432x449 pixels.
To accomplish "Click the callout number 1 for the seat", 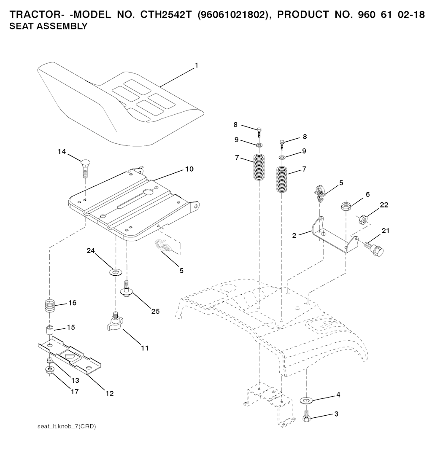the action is click(x=196, y=66).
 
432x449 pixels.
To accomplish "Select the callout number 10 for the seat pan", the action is click(x=189, y=169).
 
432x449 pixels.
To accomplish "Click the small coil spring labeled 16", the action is click(x=50, y=306).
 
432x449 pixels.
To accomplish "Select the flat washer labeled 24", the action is click(x=116, y=272).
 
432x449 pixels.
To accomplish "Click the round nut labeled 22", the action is click(x=364, y=219).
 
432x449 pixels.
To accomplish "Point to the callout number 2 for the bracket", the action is click(x=294, y=236).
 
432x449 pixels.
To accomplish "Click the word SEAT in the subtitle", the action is click(x=20, y=26).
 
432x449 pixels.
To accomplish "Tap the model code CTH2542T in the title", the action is click(x=166, y=14).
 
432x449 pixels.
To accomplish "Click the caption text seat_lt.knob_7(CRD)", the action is click(x=67, y=427).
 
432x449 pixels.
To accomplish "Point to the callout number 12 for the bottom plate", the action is click(x=110, y=393).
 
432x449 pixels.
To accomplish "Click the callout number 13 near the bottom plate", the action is click(x=75, y=381).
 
